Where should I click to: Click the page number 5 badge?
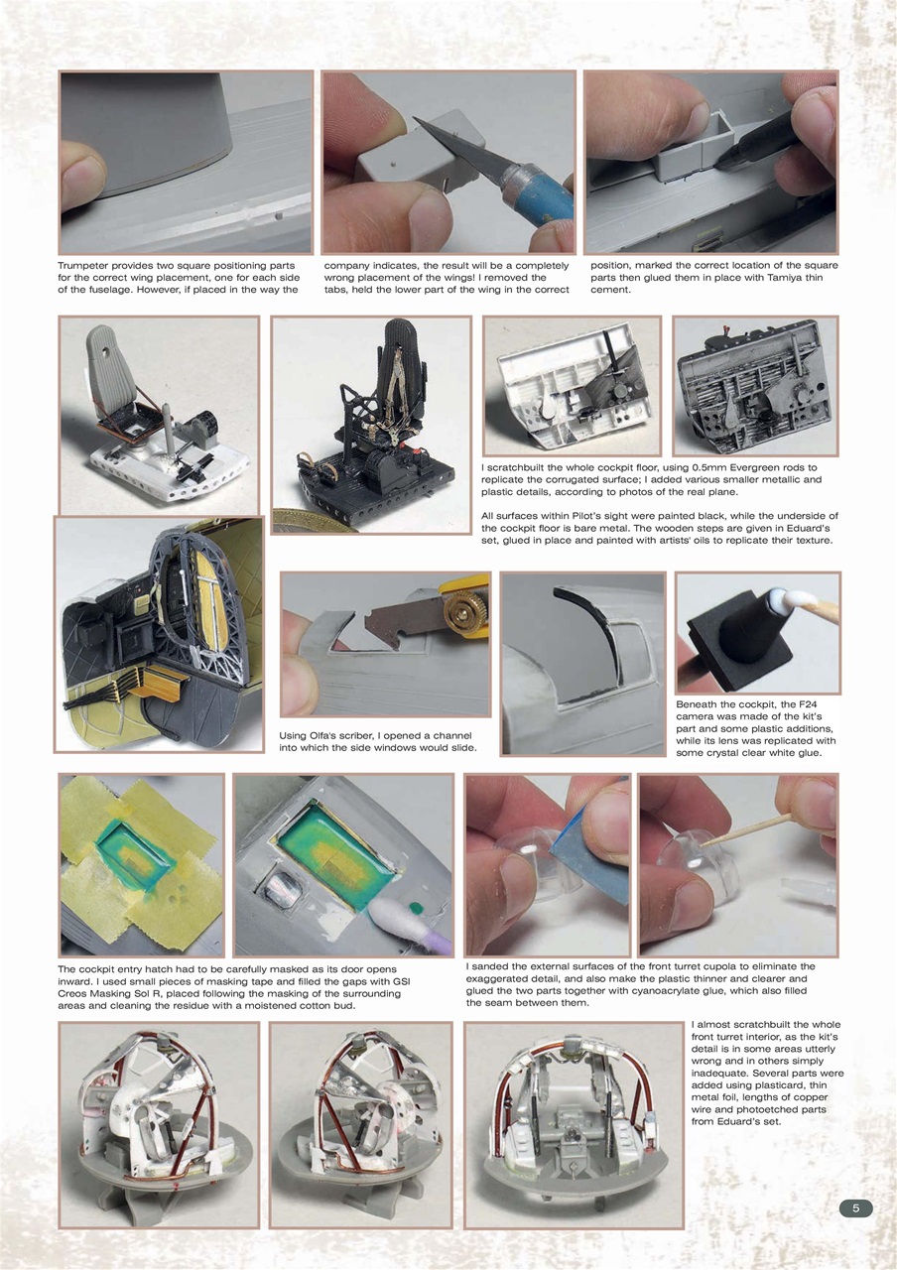855,1207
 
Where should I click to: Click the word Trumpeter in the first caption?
86,266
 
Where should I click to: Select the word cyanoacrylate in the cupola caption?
657,990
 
